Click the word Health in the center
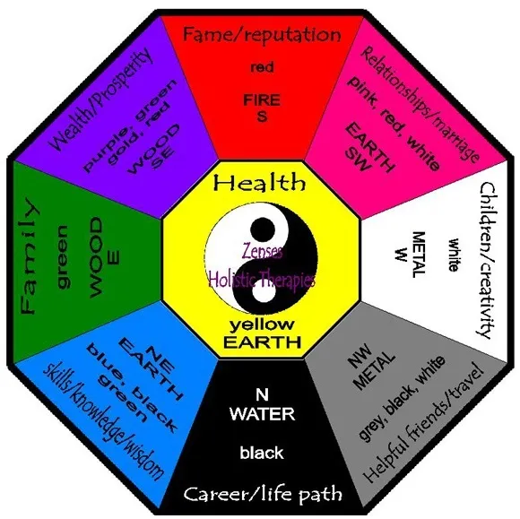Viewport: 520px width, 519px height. (259, 182)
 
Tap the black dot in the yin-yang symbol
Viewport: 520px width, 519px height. (263, 230)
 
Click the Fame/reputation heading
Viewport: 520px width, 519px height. (262, 34)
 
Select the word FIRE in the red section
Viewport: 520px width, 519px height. (262, 99)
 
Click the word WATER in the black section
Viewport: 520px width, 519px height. (263, 414)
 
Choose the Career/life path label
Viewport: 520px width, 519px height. (263, 494)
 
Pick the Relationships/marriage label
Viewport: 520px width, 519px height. (420, 104)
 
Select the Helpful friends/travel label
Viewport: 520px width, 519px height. (422, 422)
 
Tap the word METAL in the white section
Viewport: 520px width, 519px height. (418, 255)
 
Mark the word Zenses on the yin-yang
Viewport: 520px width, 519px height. (263, 251)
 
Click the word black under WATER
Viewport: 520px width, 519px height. (262, 453)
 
